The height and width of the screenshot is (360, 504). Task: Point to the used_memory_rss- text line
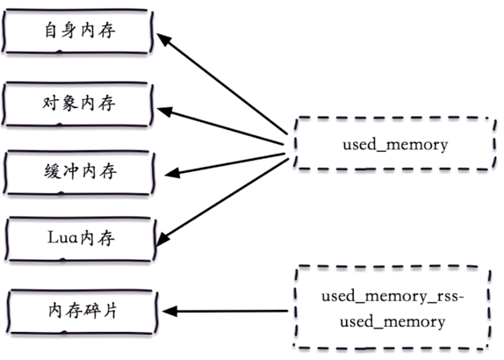pos(392,296)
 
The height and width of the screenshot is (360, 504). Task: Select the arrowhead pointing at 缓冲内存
pos(171,174)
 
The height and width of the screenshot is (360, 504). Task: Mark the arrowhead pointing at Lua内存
pos(162,239)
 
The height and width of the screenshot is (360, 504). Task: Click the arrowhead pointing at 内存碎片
pos(169,311)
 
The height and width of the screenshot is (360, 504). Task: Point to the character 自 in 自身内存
pos(51,30)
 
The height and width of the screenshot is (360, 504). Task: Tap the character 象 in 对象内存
pos(69,104)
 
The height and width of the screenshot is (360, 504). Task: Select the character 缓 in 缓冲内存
pos(53,171)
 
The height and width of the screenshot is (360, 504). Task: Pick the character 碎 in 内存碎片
pos(92,311)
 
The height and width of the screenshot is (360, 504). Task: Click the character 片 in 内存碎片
pos(110,311)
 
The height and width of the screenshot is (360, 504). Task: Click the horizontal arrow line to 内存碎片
pos(225,311)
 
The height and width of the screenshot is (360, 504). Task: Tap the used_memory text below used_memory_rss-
pos(392,321)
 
